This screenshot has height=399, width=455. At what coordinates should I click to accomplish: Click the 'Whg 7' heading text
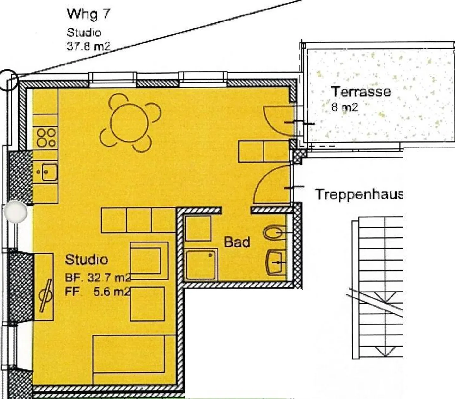point(88,14)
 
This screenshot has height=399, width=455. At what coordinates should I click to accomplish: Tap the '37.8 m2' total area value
point(88,46)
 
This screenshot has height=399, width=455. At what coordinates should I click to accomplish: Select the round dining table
point(130,123)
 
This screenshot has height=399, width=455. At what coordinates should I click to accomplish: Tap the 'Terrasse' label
point(361,92)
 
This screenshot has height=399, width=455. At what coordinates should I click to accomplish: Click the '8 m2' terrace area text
point(344,107)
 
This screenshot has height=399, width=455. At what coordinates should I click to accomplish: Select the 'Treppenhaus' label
point(359,194)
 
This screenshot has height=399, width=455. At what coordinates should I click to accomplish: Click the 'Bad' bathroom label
point(237,242)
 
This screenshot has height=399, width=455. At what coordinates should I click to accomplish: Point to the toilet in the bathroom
point(274,233)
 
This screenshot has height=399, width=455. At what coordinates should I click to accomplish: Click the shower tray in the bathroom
point(201,265)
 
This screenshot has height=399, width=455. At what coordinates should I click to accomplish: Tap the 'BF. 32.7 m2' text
point(98,278)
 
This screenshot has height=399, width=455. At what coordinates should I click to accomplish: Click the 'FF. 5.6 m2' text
point(98,292)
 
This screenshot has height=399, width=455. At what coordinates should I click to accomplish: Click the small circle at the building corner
point(8,80)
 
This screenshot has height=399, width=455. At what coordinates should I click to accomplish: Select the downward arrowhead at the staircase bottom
point(385,351)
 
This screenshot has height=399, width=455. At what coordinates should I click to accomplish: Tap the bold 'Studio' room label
point(86,260)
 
